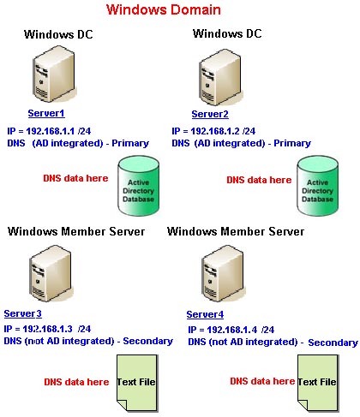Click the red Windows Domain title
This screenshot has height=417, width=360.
point(164,9)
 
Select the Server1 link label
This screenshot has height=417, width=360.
point(46,113)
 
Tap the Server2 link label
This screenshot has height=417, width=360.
point(210,114)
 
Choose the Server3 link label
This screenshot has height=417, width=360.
point(23,313)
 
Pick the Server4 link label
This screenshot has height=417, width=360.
point(205,314)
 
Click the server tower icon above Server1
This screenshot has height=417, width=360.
point(54,74)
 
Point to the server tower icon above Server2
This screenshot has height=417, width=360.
point(220,77)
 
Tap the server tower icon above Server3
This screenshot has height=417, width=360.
point(51,273)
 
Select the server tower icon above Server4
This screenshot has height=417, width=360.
point(223,273)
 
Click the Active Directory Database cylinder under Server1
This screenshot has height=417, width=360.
point(139,186)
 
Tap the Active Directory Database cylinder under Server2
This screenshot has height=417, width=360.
point(317,186)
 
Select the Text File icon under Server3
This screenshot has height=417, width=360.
point(136,383)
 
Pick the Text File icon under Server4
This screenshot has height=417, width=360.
point(317,383)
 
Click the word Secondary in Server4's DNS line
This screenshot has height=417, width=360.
point(333,343)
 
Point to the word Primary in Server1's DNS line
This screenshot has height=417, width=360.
point(130,143)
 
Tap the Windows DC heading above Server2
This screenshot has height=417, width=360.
point(227,33)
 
